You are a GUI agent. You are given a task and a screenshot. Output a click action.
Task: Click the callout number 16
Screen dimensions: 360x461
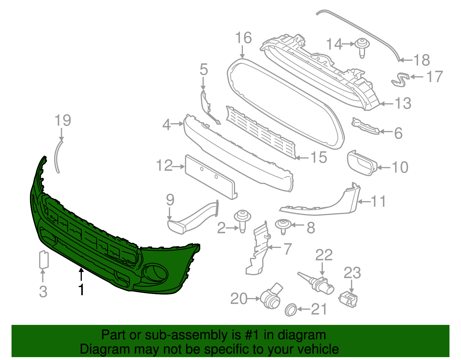(x=243, y=38)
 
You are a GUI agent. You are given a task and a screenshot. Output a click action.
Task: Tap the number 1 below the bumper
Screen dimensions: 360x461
(x=82, y=289)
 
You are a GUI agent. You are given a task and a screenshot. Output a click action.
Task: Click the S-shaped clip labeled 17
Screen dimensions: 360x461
(x=400, y=79)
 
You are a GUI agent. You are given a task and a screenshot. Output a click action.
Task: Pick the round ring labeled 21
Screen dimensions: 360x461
(x=290, y=310)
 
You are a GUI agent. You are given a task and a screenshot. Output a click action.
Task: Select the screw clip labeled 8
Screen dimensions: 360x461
(x=283, y=226)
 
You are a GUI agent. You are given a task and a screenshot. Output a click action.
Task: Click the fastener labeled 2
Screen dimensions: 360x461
(x=242, y=220)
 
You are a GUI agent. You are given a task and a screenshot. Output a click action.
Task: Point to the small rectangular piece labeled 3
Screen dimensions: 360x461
(x=44, y=259)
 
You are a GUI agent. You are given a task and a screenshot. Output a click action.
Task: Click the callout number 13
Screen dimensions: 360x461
(x=403, y=103)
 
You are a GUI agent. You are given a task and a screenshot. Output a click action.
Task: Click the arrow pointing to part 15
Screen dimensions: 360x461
(x=303, y=158)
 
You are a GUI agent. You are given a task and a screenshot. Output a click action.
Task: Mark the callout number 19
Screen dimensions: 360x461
(x=63, y=120)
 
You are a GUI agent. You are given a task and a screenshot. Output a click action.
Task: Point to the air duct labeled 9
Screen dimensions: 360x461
(x=193, y=218)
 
